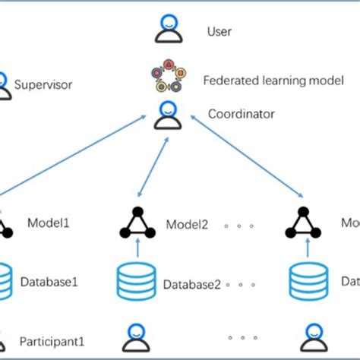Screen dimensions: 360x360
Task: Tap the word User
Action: click(219, 32)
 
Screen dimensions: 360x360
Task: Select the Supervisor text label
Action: click(43, 84)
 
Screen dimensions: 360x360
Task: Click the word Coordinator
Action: click(242, 114)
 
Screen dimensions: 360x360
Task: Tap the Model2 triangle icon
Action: click(137, 223)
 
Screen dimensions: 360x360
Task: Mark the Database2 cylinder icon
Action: click(137, 281)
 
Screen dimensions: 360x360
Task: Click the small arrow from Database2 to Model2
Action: click(137, 248)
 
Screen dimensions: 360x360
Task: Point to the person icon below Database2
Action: click(137, 336)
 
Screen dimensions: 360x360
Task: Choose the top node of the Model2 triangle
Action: click(137, 211)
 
